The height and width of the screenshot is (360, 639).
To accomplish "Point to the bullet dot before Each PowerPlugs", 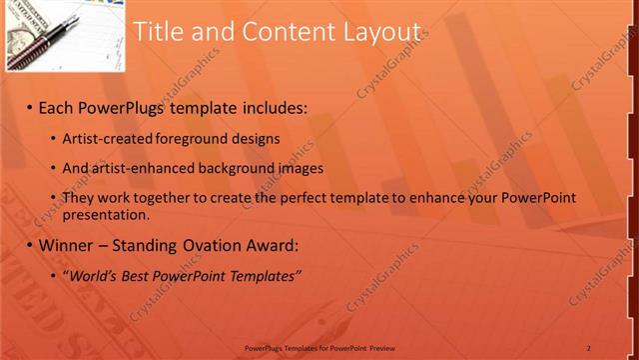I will pos(30,106).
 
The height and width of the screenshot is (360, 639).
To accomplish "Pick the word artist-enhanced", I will pos(142,168).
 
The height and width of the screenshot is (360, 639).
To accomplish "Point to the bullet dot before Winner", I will pos(30,245).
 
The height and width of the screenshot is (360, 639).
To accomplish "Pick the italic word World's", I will pos(94,275).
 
